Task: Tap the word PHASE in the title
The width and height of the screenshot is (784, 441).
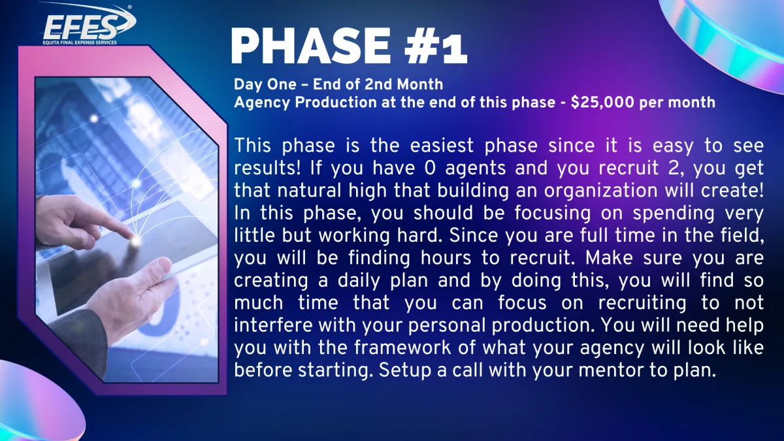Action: point(310,46)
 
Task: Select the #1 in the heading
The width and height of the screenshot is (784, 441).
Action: point(436,46)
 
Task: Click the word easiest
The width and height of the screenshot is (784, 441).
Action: point(442,145)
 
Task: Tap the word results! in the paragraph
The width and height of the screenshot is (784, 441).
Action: point(267,168)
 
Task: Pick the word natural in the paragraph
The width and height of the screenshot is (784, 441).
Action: point(309,191)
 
